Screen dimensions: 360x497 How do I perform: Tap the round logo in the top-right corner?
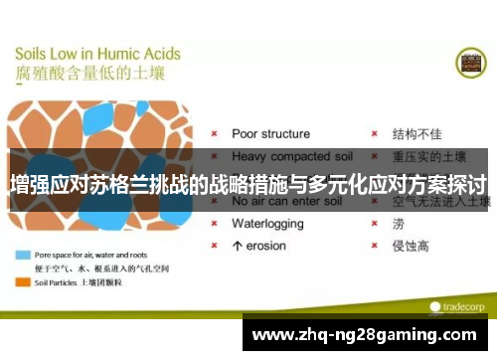coord(470,62)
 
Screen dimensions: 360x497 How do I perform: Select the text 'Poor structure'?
coord(270,133)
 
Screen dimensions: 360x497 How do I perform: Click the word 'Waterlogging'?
coord(268,224)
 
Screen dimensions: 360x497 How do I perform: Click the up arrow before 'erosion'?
coord(237,246)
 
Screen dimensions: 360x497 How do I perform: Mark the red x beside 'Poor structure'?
coord(214,134)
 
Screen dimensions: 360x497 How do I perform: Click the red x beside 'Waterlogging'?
coord(214,224)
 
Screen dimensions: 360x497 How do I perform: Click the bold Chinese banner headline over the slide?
coord(248,183)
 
